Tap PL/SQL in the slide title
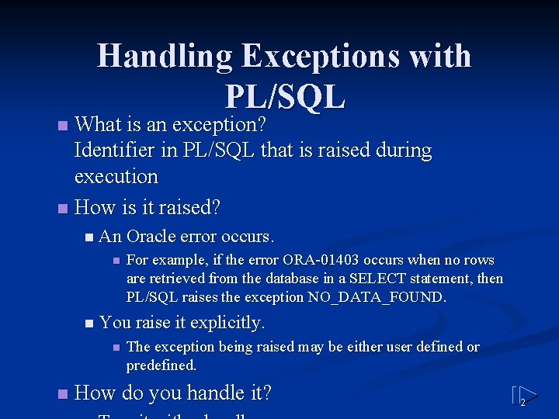[x=284, y=96]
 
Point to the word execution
[x=116, y=176]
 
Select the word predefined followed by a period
[x=161, y=365]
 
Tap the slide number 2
[x=523, y=402]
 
